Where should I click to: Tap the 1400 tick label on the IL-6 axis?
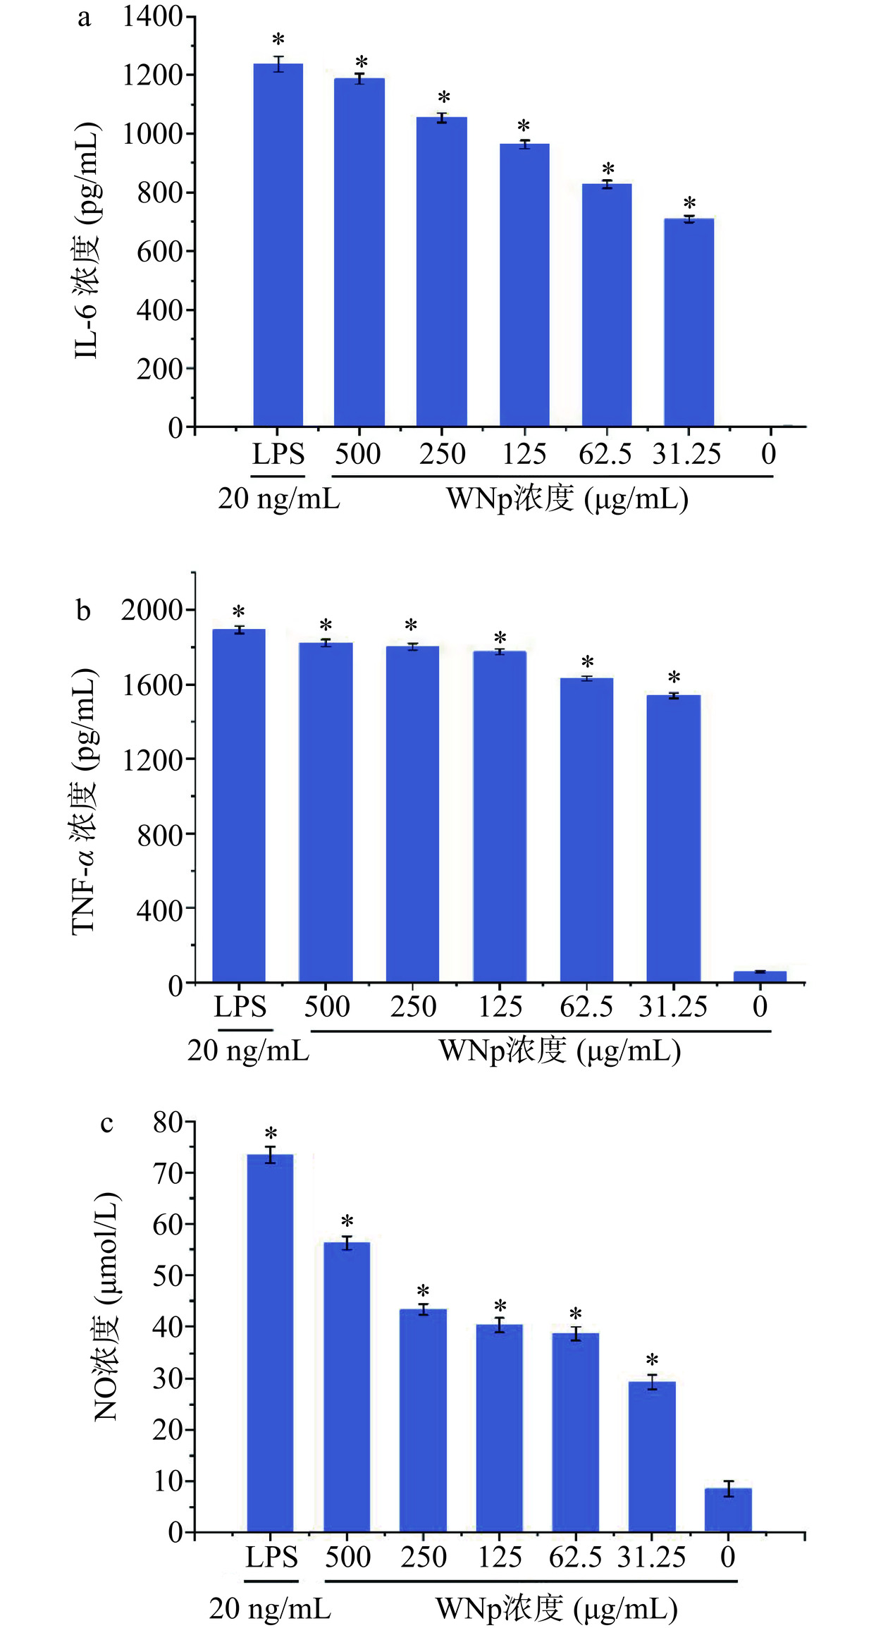153,16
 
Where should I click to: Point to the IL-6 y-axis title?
87,240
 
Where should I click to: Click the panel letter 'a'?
84,17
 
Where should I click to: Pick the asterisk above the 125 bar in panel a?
524,127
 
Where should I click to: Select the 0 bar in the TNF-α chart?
760,977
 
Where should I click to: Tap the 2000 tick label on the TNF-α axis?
152,610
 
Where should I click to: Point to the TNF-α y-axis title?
84,801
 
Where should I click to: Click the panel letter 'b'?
83,610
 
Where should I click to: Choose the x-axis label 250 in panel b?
413,1006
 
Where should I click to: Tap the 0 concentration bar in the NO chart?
728,1510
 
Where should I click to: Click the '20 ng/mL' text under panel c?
270,1609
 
